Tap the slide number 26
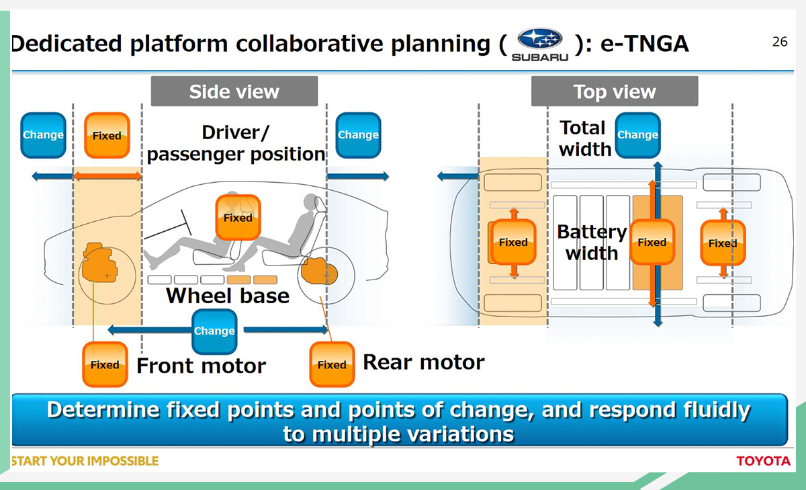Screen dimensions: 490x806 pyautogui.click(x=780, y=42)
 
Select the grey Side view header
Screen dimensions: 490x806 pyautogui.click(x=234, y=91)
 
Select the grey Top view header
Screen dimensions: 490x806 pyautogui.click(x=615, y=91)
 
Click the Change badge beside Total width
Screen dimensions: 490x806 pyautogui.click(x=637, y=135)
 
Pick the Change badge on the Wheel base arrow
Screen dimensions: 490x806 pyautogui.click(x=214, y=331)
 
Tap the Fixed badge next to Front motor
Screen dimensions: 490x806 pyautogui.click(x=105, y=364)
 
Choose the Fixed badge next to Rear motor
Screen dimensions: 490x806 pyautogui.click(x=332, y=364)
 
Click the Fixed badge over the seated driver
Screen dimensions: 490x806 pyautogui.click(x=238, y=218)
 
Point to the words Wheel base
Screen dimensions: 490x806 pyautogui.click(x=228, y=296)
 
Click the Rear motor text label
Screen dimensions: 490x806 pyautogui.click(x=424, y=362)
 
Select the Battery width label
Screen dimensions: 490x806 pyautogui.click(x=592, y=243)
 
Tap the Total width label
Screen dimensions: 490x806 pyautogui.click(x=584, y=138)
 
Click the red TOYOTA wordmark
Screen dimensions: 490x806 pyautogui.click(x=764, y=461)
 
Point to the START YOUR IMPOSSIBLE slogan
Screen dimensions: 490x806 pyautogui.click(x=85, y=461)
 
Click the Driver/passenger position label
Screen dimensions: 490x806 pyautogui.click(x=236, y=143)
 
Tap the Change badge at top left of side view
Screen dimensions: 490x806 pyautogui.click(x=43, y=135)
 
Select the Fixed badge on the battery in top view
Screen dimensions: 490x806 pyautogui.click(x=652, y=242)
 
